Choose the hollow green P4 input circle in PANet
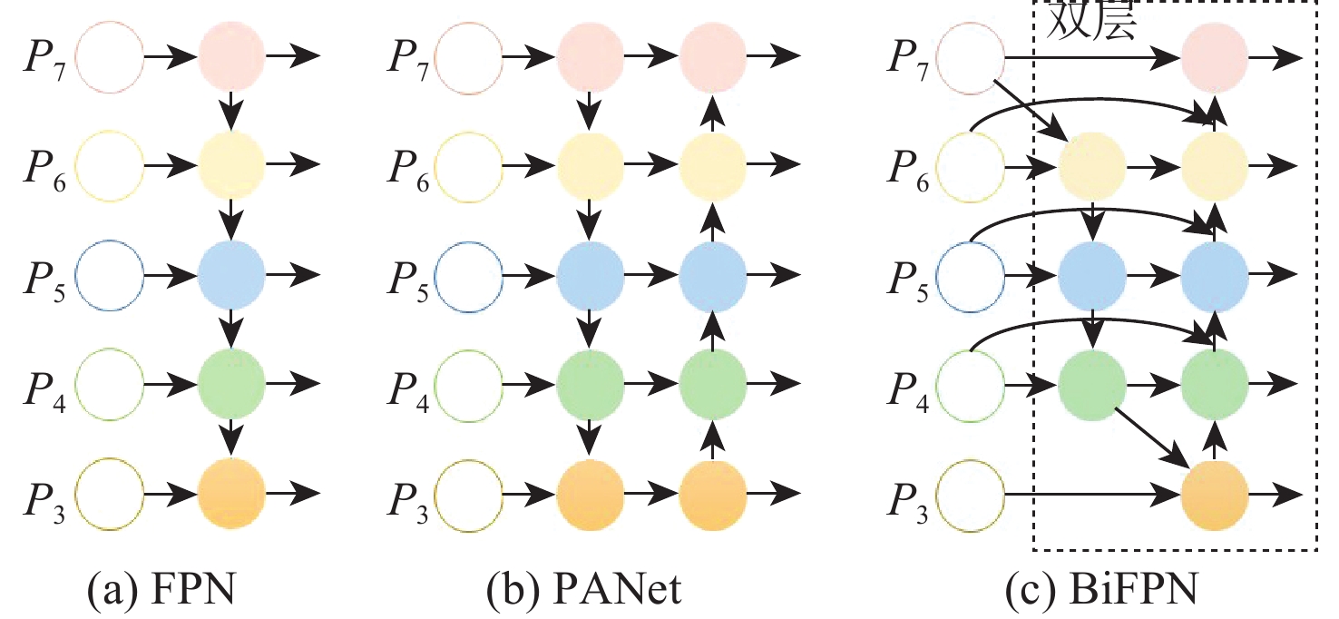469,384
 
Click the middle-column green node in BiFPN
1092,384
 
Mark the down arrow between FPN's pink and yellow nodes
231,110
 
